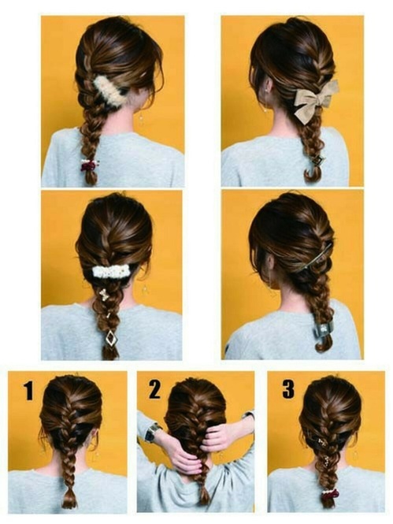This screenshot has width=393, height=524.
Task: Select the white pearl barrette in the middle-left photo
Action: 111,271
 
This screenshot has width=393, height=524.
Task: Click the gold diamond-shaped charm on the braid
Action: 110,339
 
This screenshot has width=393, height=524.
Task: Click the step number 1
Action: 28,391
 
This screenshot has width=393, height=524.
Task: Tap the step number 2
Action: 154,390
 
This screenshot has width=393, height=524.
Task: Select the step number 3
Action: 288,389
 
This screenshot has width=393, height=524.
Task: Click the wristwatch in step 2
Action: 152,431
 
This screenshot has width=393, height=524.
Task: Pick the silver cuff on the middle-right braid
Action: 321,330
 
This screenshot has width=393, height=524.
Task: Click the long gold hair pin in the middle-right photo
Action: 314,258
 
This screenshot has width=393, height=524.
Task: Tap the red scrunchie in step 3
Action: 329,493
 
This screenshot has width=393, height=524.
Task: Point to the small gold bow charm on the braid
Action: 104,295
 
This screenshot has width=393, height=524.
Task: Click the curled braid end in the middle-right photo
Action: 323,344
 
